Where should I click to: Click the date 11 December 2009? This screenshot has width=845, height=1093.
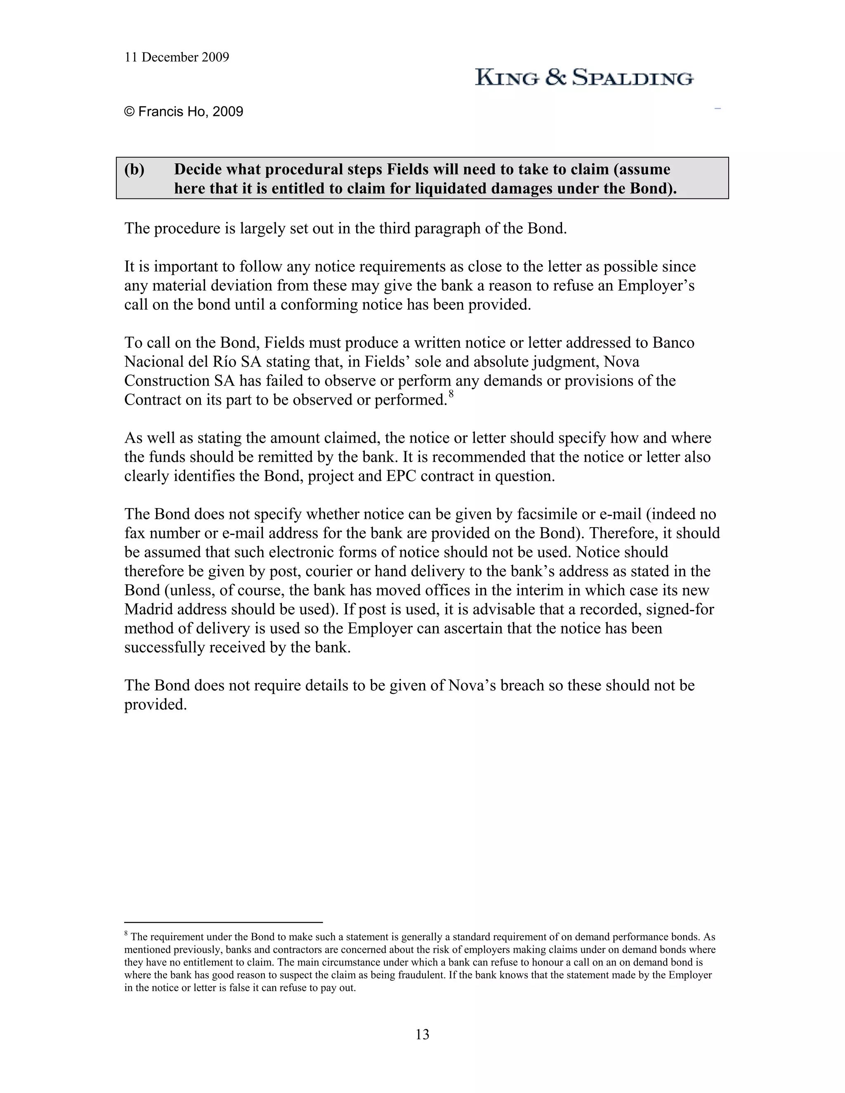click(x=176, y=58)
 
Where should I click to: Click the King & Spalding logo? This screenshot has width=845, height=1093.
click(x=584, y=78)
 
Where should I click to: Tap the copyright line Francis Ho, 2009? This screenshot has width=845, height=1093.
click(x=184, y=112)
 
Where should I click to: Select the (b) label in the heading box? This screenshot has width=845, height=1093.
click(x=134, y=170)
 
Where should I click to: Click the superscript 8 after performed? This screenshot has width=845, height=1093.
click(x=451, y=394)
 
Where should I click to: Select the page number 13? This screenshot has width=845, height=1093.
click(x=422, y=1034)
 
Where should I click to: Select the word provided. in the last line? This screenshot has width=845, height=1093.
click(x=155, y=704)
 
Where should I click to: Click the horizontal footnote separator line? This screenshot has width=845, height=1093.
click(x=223, y=922)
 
